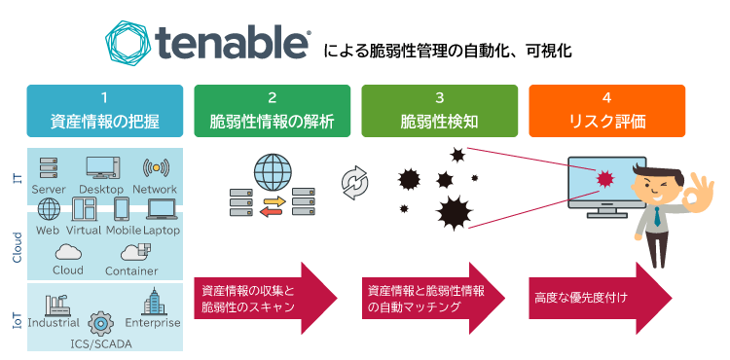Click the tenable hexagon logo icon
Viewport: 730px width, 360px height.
tap(134, 46)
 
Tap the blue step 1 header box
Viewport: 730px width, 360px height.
tap(104, 111)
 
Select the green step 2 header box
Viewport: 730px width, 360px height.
tap(272, 111)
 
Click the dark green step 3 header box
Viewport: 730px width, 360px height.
tap(439, 111)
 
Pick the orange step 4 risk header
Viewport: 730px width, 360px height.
tap(606, 111)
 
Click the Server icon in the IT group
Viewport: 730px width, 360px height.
tap(49, 168)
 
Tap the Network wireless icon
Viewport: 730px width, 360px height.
tap(155, 167)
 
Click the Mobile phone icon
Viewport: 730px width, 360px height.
tap(122, 209)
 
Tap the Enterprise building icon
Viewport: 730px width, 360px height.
tap(154, 303)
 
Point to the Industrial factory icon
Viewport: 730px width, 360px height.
tap(53, 303)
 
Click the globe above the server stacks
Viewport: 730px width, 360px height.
tap(273, 168)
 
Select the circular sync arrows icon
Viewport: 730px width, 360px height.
tap(354, 182)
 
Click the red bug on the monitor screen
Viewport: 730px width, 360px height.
tap(606, 178)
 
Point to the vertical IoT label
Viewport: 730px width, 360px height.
tap(18, 317)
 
